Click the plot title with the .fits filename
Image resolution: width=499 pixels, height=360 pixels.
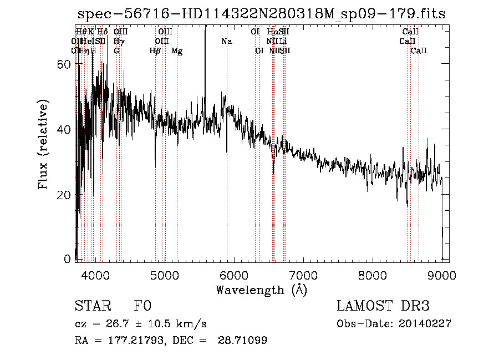[262, 14]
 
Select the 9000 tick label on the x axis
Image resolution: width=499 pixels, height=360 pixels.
[442, 275]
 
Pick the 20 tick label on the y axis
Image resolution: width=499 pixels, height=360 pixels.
[64, 195]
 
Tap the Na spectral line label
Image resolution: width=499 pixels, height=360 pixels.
[226, 41]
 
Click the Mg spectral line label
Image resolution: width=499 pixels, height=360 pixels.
[177, 51]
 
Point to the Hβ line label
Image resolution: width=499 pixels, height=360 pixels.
[155, 51]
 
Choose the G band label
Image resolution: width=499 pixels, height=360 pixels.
[116, 51]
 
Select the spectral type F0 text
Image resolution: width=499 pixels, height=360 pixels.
[142, 306]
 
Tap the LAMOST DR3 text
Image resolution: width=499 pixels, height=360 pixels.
[383, 306]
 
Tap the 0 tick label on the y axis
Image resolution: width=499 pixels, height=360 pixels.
[68, 259]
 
